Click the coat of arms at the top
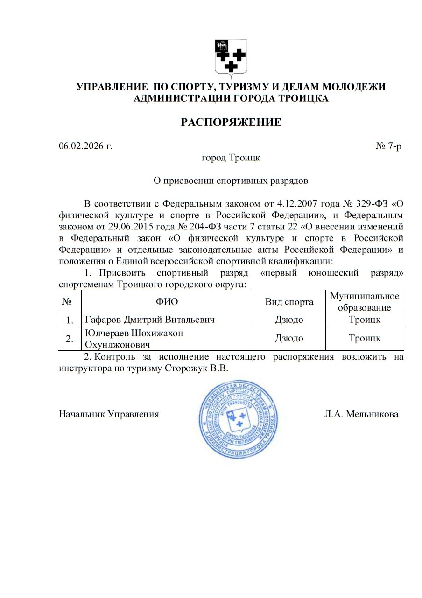(x=231, y=58)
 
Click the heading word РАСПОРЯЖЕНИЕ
(x=231, y=123)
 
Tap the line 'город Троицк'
(x=231, y=158)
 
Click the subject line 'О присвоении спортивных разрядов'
(x=231, y=180)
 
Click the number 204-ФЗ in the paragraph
(x=205, y=226)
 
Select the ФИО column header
(x=167, y=302)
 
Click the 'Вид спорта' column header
(x=289, y=302)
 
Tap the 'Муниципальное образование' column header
(x=365, y=302)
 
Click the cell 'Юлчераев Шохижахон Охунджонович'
(x=134, y=339)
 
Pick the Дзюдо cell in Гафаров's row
(x=289, y=320)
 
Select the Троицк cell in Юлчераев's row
(x=365, y=339)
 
